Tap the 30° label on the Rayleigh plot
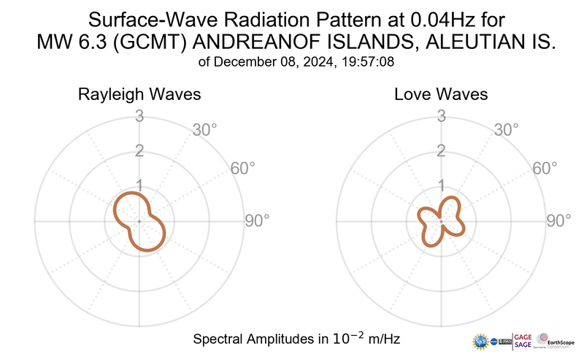tap(204, 130)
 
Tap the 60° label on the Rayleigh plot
tap(243, 168)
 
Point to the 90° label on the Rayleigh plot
tap(257, 221)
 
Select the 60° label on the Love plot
tap(545, 168)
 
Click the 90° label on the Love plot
tap(559, 221)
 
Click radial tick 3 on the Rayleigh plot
tap(139, 115)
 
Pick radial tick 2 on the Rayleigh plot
tap(139, 151)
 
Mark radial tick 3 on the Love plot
tap(441, 115)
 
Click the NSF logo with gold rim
tap(481, 341)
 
